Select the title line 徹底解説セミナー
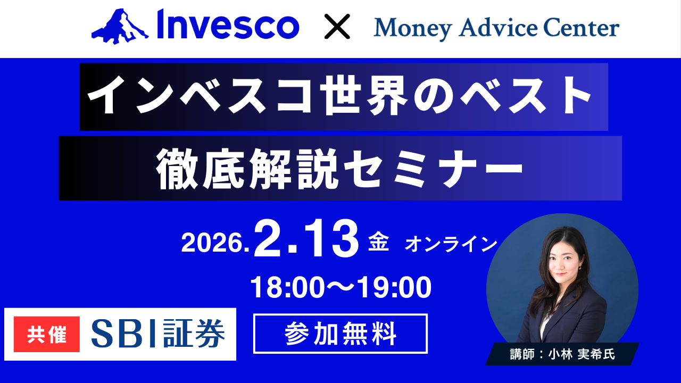click(x=340, y=168)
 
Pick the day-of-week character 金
click(x=379, y=244)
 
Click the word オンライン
click(x=451, y=245)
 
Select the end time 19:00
click(x=394, y=288)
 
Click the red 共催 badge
click(x=47, y=334)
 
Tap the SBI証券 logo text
click(x=157, y=334)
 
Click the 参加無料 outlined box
click(x=340, y=334)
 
